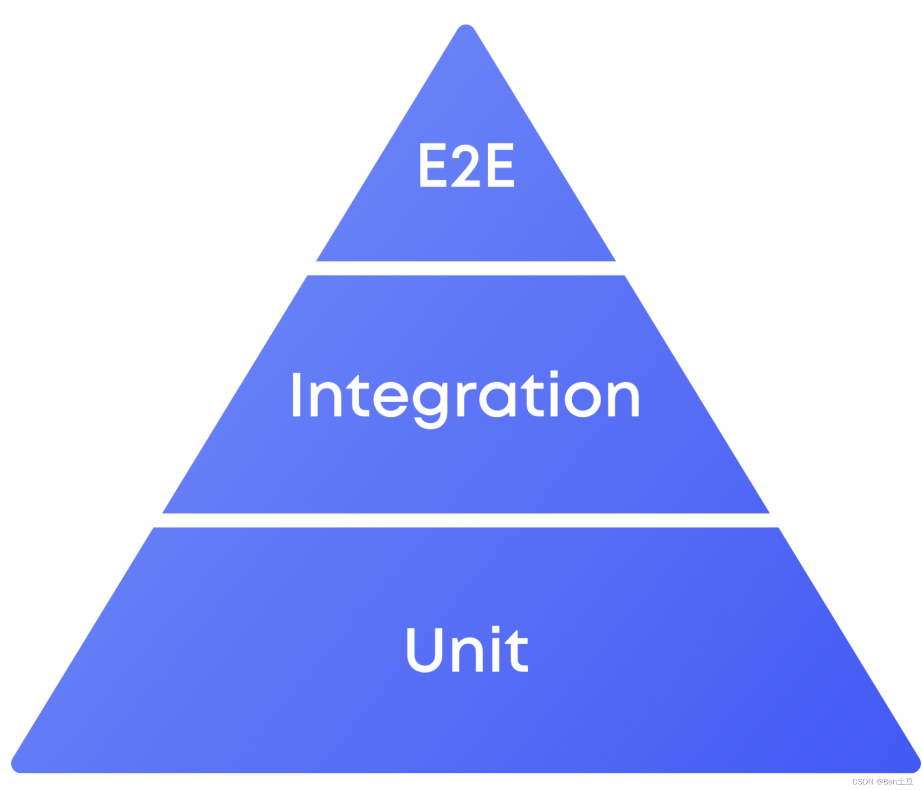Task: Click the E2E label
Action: coord(466,165)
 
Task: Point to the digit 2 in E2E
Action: coord(465,165)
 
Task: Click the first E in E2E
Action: coord(433,165)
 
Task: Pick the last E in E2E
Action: coord(499,165)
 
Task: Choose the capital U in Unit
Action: coord(425,649)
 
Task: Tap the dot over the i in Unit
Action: coord(496,630)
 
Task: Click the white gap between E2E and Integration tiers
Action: coord(466,268)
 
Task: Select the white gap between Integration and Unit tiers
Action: coord(466,520)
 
